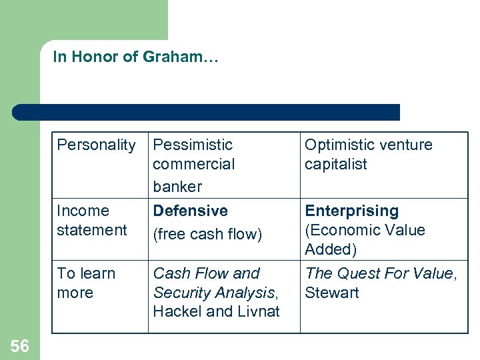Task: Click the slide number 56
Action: click(20, 346)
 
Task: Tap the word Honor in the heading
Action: click(95, 57)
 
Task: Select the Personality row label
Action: click(96, 145)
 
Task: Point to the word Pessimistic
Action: click(193, 145)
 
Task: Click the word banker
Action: click(177, 186)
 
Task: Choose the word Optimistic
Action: click(340, 145)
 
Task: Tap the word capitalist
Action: click(336, 164)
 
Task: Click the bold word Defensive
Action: click(190, 211)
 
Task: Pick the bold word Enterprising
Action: click(352, 211)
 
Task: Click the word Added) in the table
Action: click(331, 249)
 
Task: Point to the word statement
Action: click(92, 230)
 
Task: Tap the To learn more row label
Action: click(86, 283)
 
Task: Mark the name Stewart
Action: click(332, 293)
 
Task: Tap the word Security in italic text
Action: click(179, 293)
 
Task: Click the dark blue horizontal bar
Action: click(207, 112)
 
